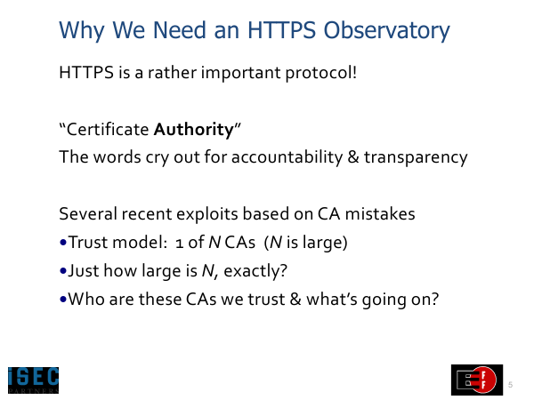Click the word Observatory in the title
[x=386, y=30]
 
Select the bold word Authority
[x=194, y=130]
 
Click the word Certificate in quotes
[x=108, y=130]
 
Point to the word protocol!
[x=321, y=73]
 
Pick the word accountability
[x=287, y=158]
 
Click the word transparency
[x=416, y=158]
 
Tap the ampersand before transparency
[x=353, y=157]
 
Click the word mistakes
[x=380, y=214]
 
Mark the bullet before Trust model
[x=63, y=243]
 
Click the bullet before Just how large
[x=63, y=271]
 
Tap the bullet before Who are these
[x=63, y=300]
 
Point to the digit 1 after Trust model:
[x=180, y=244]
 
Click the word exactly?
[x=255, y=271]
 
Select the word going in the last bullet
[x=384, y=300]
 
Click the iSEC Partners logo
[x=34, y=380]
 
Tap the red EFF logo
[x=477, y=380]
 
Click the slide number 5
[x=510, y=385]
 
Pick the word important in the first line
[x=240, y=73]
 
